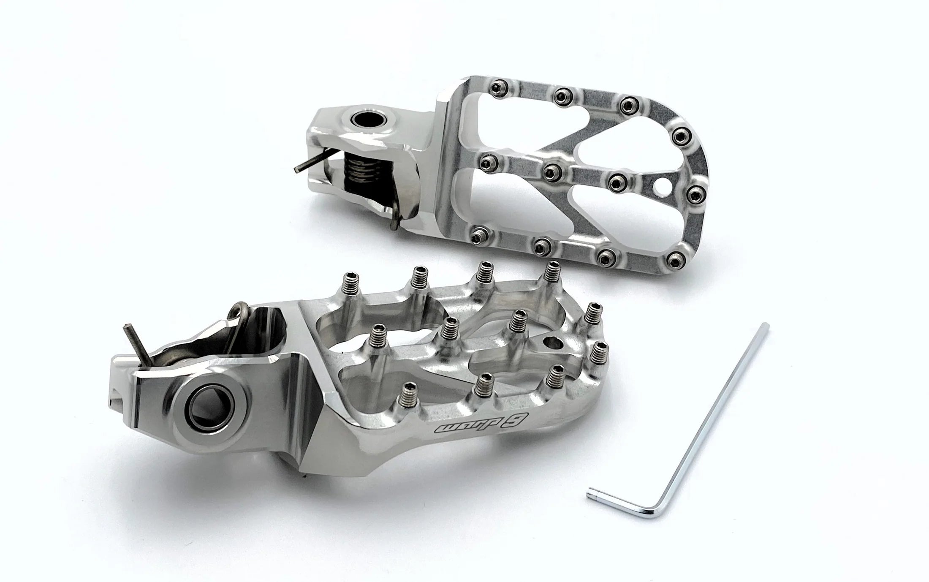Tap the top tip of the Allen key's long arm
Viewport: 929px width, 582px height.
click(x=766, y=326)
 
